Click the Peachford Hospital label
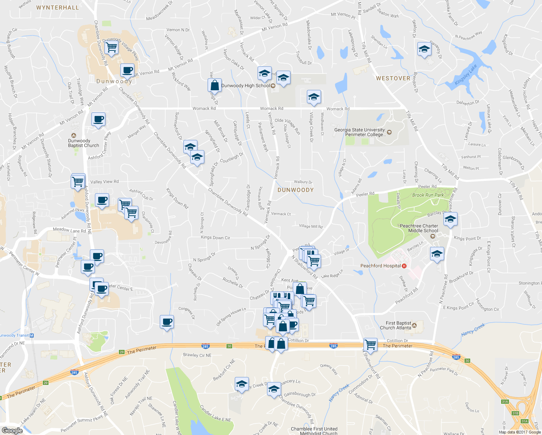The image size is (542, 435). (380, 266)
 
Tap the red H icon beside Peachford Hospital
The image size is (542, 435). (404, 266)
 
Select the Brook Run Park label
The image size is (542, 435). (428, 195)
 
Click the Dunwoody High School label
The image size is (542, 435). (246, 86)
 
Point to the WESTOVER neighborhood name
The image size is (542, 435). (393, 78)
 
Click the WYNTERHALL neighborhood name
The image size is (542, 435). (58, 8)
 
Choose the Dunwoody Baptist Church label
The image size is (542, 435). (83, 143)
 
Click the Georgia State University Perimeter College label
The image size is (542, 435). (360, 132)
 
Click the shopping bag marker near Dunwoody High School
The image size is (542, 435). (215, 86)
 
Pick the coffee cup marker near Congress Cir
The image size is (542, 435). (167, 322)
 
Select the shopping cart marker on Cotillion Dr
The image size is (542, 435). (370, 344)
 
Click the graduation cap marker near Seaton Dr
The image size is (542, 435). (424, 49)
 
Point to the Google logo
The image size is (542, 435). (12, 431)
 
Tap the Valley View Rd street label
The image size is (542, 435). (104, 182)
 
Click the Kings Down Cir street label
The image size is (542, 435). (215, 238)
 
